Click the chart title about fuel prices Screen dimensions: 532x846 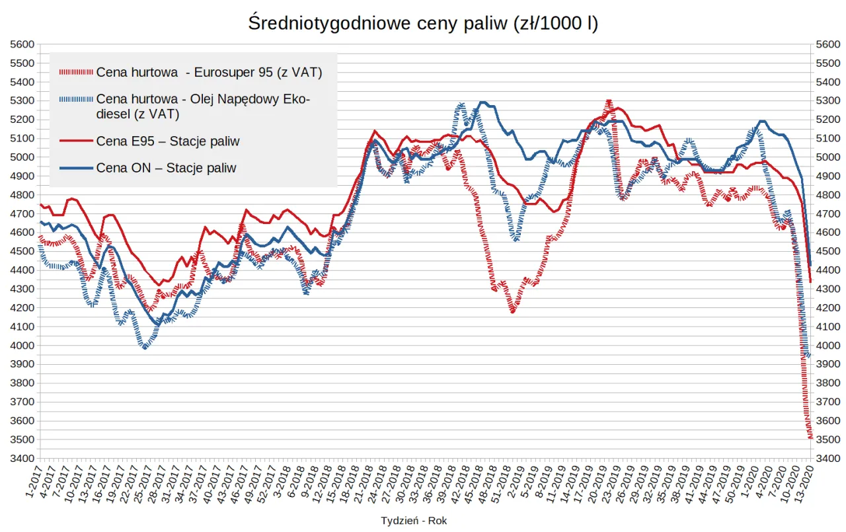click(423, 23)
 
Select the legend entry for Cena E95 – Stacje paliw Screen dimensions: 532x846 click(167, 141)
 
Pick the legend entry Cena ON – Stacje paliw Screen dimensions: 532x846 click(166, 168)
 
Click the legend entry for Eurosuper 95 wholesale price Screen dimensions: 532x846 click(209, 73)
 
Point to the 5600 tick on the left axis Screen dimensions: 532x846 click(22, 44)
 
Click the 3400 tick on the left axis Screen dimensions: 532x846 click(22, 459)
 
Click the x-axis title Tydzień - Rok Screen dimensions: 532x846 click(414, 521)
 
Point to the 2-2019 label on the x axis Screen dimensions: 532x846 click(512, 481)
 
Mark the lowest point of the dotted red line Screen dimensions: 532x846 click(810, 437)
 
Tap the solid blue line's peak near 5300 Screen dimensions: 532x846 click(483, 102)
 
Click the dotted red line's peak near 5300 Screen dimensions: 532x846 click(609, 101)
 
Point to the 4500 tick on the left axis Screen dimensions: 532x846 click(22, 251)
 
